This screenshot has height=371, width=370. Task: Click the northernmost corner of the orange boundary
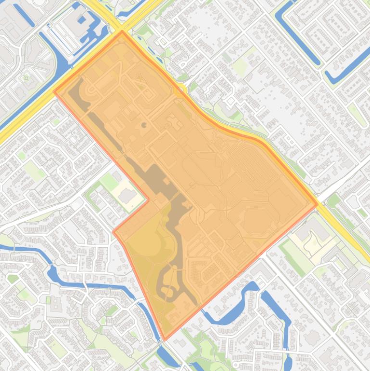click(x=122, y=31)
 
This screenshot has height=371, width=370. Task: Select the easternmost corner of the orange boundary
click(x=318, y=204)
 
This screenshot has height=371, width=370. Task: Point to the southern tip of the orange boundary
click(x=165, y=340)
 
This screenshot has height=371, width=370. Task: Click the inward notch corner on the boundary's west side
click(x=148, y=199)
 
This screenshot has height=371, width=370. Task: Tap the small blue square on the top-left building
click(x=82, y=20)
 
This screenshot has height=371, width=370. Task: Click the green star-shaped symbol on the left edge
click(x=26, y=77)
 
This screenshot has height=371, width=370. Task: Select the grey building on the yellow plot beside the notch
click(x=128, y=196)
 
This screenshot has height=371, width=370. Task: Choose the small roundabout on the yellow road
click(x=182, y=90)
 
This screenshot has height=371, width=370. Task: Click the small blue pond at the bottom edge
click(x=288, y=361)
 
